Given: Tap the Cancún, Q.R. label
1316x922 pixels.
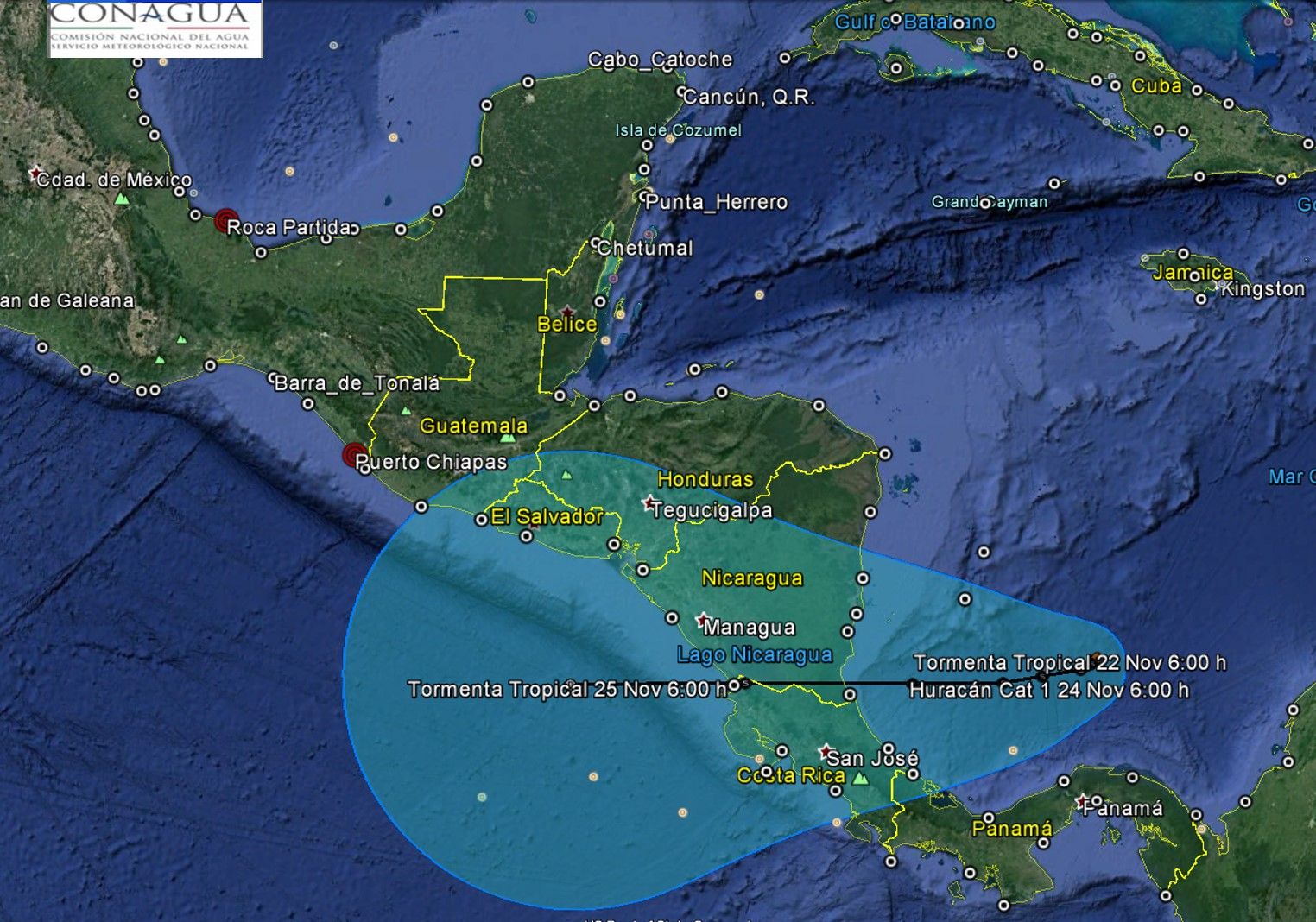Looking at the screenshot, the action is [749, 97].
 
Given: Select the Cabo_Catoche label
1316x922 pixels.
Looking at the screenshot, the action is [661, 60].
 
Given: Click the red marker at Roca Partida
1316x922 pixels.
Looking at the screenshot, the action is [226, 220].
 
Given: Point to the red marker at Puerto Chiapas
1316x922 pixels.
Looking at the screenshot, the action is [354, 455].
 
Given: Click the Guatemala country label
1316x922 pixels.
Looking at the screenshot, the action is [473, 426].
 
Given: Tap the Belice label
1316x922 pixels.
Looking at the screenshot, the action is [566, 325].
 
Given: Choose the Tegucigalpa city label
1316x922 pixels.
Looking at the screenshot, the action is [712, 510].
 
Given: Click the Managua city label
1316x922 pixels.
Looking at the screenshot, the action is [749, 628].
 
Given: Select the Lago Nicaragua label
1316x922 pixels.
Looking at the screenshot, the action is [755, 654].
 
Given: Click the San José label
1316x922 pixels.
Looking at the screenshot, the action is [872, 759].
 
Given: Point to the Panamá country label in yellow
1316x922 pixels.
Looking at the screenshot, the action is [1012, 830].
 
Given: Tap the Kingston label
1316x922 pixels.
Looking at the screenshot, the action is [1262, 289].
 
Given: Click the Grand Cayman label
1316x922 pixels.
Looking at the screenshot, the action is [990, 202].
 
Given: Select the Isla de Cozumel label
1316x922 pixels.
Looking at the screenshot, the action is [678, 130].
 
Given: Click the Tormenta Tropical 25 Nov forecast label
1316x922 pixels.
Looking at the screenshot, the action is [566, 690].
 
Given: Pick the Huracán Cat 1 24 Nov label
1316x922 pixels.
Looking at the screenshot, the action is [1049, 691].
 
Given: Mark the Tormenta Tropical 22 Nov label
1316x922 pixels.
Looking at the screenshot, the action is [1069, 663].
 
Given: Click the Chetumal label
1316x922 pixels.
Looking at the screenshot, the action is [645, 249].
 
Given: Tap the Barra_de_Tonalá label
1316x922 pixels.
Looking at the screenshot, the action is [357, 383].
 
